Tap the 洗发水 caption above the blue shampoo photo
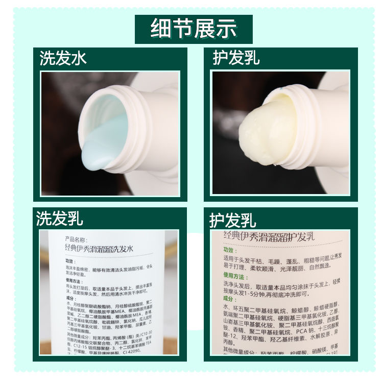(x=63, y=58)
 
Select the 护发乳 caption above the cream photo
(x=236, y=58)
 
